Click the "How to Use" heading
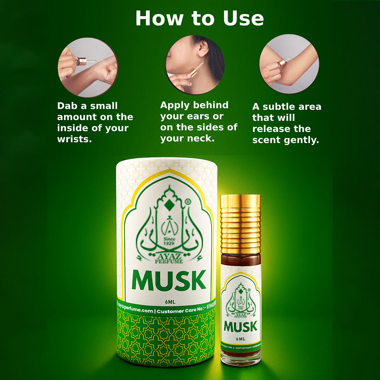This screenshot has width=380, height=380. [x=199, y=18]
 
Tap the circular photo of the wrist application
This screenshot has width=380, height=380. [x=88, y=67]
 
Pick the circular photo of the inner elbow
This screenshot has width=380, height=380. [x=289, y=64]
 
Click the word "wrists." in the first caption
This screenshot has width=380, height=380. [x=74, y=139]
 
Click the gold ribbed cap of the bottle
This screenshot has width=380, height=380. [x=241, y=224]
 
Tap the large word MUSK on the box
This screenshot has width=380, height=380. [x=169, y=280]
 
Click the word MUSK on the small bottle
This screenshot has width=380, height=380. [x=241, y=327]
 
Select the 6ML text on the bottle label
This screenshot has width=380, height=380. [x=241, y=339]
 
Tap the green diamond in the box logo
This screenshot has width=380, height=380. [x=170, y=204]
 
